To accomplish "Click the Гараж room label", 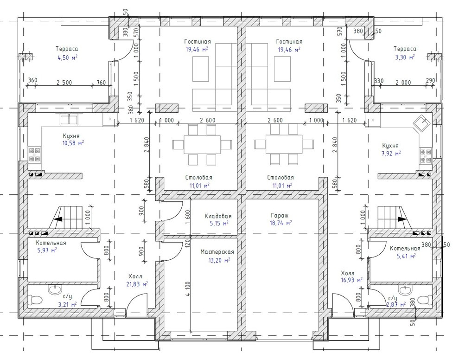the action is point(280,216).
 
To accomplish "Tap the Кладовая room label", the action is point(218,216).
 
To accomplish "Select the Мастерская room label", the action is point(217,252).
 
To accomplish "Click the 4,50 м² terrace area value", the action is point(68,58).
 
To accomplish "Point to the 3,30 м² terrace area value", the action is point(405,58).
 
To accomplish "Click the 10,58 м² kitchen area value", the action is point(73,143).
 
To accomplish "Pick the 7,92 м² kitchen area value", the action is point(391,153).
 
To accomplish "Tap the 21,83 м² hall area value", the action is point(137,284).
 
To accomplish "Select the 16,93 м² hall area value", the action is point(351,280).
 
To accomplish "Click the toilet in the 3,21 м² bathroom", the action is point(35,300).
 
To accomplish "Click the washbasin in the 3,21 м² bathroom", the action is point(55,290).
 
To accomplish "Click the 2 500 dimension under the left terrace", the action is point(64,83).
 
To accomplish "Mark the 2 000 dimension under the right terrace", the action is point(403,83).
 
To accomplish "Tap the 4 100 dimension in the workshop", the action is point(187,289).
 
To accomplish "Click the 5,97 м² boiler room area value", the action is point(47,251).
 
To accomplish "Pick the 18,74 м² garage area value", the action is point(280,223).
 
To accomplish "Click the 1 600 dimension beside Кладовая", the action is point(187,216).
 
